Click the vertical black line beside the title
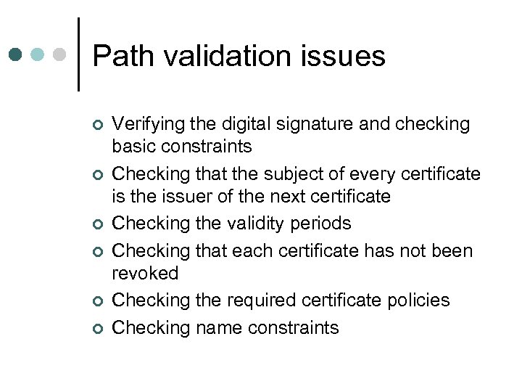tap(78, 54)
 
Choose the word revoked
tap(146, 274)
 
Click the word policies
tap(417, 301)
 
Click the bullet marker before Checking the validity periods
tap(99, 225)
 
